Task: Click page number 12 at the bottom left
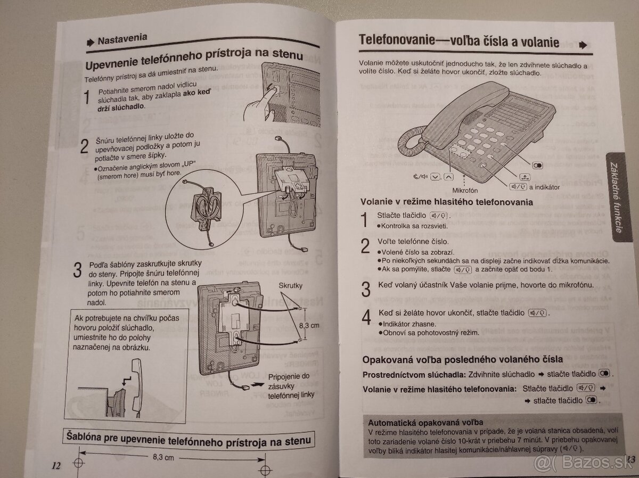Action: click(x=56, y=465)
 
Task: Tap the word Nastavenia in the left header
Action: click(x=122, y=39)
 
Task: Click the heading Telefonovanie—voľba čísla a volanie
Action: click(x=458, y=41)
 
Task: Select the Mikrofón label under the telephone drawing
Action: click(x=465, y=190)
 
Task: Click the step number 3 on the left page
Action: click(x=78, y=269)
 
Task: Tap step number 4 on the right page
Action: click(x=365, y=317)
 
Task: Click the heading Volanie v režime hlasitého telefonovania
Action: click(x=447, y=202)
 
